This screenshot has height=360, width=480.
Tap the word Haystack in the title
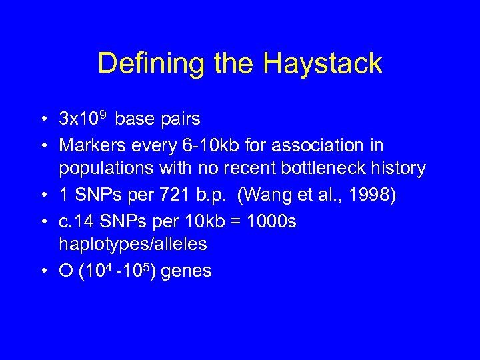click(x=323, y=64)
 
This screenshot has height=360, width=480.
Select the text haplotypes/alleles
click(x=133, y=245)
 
